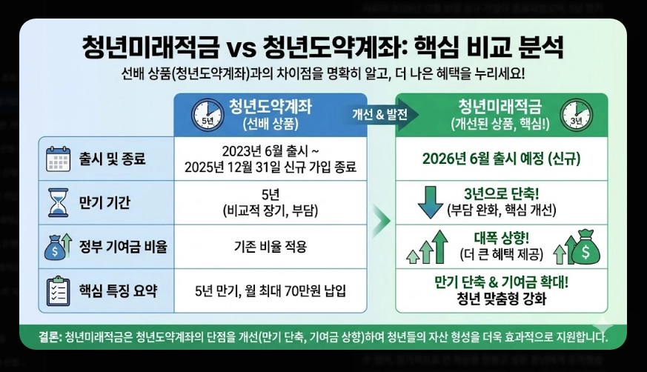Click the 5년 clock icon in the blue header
tap(208, 114)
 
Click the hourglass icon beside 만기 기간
tap(57, 202)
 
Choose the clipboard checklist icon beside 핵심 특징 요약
tap(57, 289)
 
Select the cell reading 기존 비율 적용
tap(270, 246)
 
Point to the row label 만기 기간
tap(104, 202)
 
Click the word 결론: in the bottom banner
tap(50, 338)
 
